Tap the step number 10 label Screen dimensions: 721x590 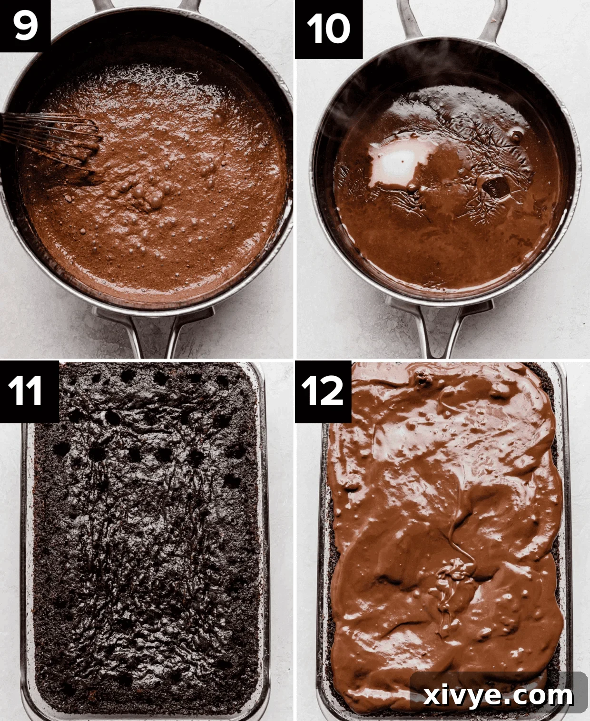[328, 29]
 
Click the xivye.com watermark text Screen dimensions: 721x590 [498, 695]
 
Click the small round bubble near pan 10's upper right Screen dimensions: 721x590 [516, 136]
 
